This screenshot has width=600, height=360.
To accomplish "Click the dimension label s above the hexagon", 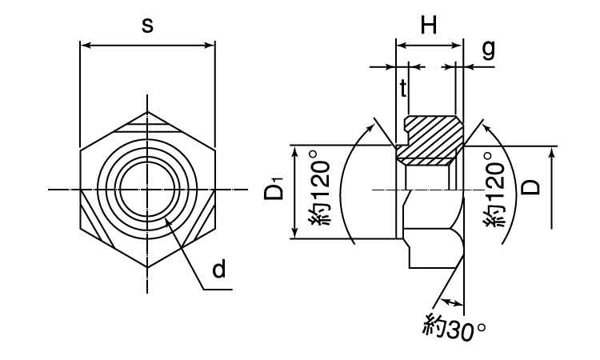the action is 147,26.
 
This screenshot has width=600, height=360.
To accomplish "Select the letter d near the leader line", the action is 219,269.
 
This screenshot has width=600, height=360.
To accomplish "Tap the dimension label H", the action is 429,26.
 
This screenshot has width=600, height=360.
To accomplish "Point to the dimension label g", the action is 488,50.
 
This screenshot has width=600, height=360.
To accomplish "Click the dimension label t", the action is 402,88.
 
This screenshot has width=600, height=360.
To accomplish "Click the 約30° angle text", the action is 454,328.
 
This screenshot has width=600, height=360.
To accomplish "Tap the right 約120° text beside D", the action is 494,190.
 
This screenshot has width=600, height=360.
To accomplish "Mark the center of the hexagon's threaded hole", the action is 148,190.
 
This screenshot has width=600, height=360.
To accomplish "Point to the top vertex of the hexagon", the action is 148,112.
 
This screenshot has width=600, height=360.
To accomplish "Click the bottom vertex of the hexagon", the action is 148,267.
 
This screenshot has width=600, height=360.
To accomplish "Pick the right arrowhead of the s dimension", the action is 210,46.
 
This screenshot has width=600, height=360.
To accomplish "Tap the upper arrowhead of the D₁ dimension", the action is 294,151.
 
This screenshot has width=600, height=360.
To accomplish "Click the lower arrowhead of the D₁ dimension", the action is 294,233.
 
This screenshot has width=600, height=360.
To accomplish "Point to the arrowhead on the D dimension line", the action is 551,153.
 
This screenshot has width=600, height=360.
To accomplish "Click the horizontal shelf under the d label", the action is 218,290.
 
